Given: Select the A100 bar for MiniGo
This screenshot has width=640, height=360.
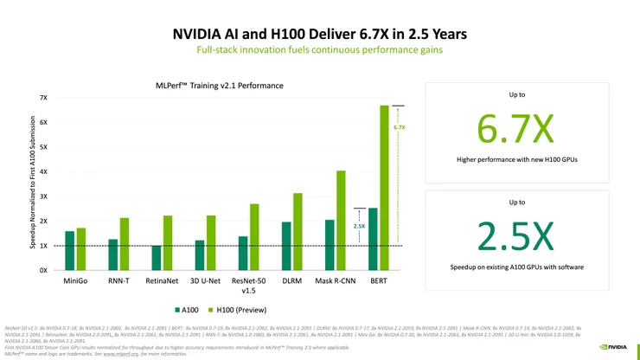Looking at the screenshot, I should pyautogui.click(x=69, y=250).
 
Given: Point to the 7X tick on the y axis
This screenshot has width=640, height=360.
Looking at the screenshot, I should pyautogui.click(x=44, y=98).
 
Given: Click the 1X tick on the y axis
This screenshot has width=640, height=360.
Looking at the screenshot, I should pyautogui.click(x=44, y=246).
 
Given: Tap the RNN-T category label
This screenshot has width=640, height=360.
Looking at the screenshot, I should pyautogui.click(x=118, y=281).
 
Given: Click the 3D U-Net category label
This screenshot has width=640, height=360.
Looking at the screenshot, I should pyautogui.click(x=206, y=281).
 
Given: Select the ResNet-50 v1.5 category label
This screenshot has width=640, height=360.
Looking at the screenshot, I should pyautogui.click(x=248, y=286).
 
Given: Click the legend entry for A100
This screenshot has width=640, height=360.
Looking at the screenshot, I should pyautogui.click(x=185, y=309).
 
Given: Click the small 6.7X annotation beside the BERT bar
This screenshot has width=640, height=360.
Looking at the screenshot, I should pyautogui.click(x=399, y=127).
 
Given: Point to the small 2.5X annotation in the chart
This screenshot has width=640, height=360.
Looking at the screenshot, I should pyautogui.click(x=360, y=226).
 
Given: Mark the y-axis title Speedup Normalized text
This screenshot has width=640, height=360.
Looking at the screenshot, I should pyautogui.click(x=33, y=183).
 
